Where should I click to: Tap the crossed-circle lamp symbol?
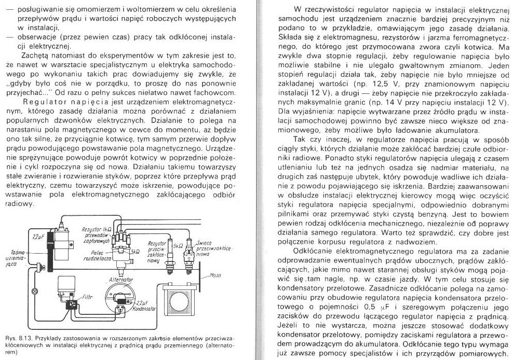point(35,290)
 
